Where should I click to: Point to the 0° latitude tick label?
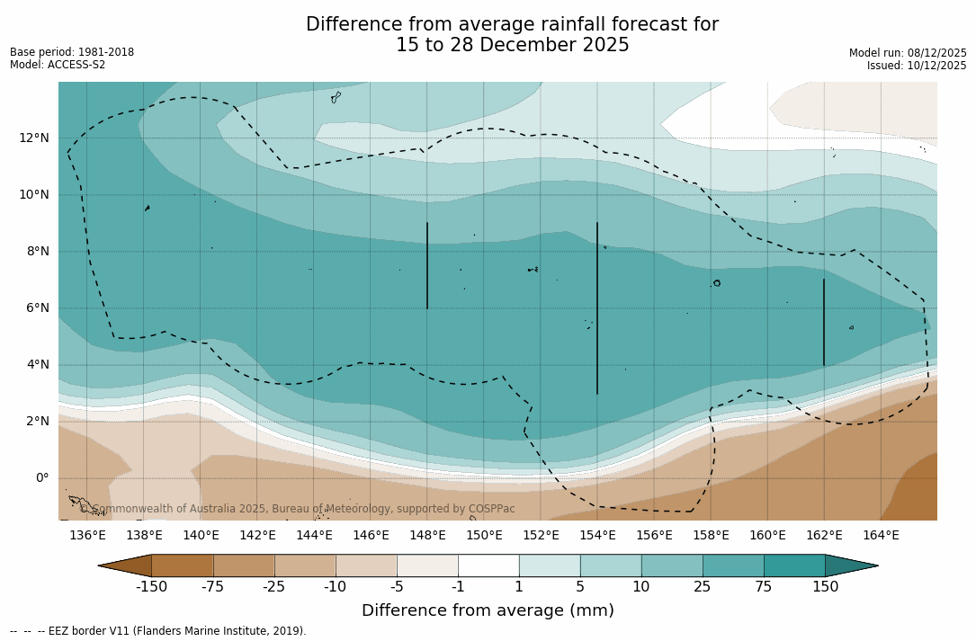(x=42, y=477)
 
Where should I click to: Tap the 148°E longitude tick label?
(x=427, y=535)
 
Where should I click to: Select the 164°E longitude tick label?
(x=881, y=535)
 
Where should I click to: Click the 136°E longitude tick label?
(x=87, y=535)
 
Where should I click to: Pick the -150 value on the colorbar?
(x=151, y=587)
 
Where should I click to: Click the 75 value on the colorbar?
(x=764, y=587)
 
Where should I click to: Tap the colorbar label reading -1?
(x=458, y=587)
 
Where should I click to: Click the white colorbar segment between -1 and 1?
(x=488, y=565)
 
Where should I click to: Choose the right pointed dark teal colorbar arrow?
(x=850, y=565)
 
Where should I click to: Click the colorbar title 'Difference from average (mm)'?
(x=488, y=610)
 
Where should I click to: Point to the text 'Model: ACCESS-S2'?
(x=58, y=65)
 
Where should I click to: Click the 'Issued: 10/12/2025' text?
(x=917, y=66)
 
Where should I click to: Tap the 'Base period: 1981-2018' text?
(x=72, y=52)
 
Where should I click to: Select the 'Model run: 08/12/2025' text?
(x=908, y=53)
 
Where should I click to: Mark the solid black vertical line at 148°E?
(x=427, y=265)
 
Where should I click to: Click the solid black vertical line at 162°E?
(x=823, y=322)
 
